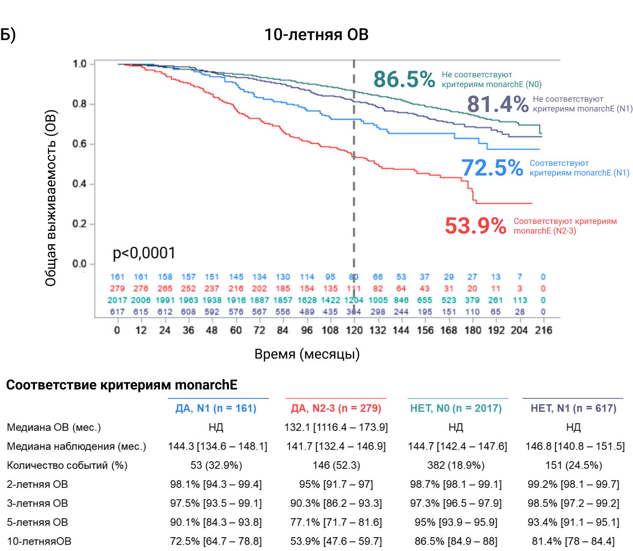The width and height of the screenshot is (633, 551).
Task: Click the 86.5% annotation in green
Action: click(404, 79)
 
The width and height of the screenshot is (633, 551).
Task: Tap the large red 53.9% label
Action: click(475, 226)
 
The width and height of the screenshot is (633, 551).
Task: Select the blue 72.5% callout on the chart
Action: click(492, 168)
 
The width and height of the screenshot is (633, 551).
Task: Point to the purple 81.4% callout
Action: click(498, 104)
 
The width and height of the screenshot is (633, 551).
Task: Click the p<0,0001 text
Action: click(144, 253)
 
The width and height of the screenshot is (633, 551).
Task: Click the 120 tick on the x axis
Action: click(354, 330)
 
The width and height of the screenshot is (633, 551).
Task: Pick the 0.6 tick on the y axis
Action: click(80, 144)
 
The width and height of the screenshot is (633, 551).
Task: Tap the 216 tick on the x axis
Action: click(544, 330)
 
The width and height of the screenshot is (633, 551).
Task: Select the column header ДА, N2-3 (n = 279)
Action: click(336, 408)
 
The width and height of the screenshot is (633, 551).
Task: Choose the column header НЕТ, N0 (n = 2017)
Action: click(456, 408)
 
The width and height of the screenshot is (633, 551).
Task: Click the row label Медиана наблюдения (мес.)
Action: click(76, 446)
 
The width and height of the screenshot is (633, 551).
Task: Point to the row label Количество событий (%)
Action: click(67, 465)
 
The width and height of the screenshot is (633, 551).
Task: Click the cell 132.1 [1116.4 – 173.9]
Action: click(336, 427)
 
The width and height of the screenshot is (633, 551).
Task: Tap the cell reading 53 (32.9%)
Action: click(216, 465)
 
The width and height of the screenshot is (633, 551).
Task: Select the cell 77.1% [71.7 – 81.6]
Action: click(336, 522)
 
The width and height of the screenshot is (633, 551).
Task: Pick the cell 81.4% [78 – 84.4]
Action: click(573, 541)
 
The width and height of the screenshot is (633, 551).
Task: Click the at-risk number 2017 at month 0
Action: click(117, 300)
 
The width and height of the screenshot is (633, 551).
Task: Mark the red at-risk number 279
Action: click(117, 288)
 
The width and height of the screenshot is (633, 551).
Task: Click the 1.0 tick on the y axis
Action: click(80, 64)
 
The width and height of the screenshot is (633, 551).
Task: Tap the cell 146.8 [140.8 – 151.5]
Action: click(575, 446)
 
